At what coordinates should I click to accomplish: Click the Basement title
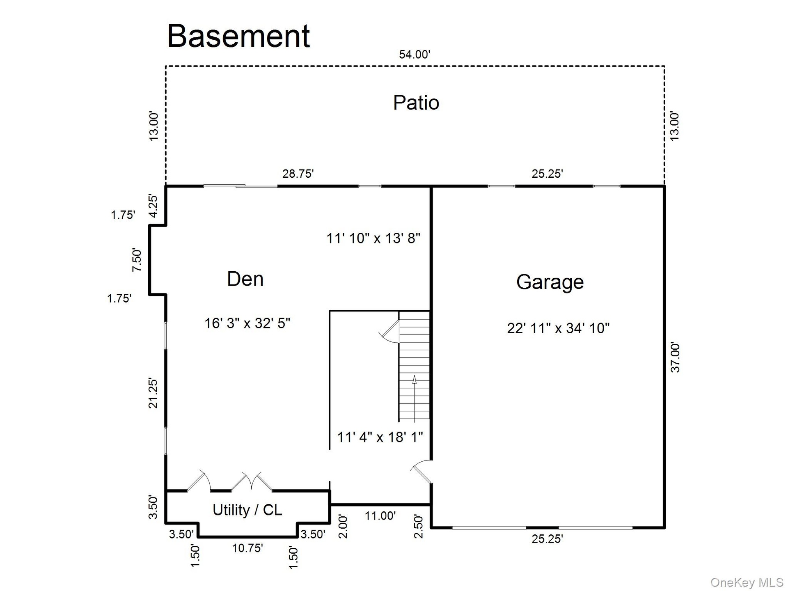[238, 36]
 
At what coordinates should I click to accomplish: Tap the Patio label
[416, 103]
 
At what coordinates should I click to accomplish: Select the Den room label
[245, 279]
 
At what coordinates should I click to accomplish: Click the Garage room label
[550, 282]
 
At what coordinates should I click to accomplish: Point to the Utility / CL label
[247, 510]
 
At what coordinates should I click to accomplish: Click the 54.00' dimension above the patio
[415, 54]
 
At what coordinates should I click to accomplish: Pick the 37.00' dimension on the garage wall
[675, 357]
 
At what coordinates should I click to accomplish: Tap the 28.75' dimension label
[298, 174]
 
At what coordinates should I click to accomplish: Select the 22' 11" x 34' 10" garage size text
[558, 328]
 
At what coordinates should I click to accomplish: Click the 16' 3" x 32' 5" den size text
[247, 323]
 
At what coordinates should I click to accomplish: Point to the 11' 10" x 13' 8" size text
[373, 238]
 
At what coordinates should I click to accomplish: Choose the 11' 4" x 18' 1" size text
[380, 437]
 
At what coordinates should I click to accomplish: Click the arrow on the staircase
[415, 399]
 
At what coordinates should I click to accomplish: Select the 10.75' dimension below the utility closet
[247, 548]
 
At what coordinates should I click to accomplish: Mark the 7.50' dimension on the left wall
[137, 260]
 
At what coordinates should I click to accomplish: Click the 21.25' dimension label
[153, 393]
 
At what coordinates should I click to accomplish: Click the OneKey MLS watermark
[747, 582]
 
